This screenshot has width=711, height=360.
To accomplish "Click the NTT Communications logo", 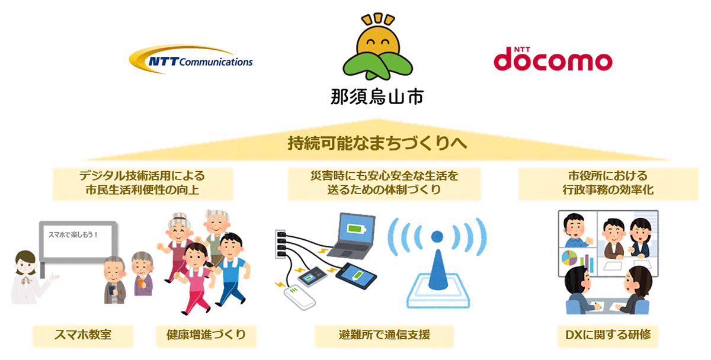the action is (x=190, y=60).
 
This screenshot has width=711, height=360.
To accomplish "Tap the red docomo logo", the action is (x=553, y=59).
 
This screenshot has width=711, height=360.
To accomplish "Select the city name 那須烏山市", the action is (x=377, y=97).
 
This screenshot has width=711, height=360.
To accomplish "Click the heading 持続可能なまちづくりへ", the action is (x=377, y=143).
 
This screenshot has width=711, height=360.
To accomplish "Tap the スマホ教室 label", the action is (x=83, y=335).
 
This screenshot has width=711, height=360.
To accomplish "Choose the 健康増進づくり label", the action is (x=206, y=335).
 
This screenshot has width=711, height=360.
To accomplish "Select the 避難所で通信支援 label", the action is (x=384, y=335).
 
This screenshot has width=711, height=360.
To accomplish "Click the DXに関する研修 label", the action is (x=608, y=335).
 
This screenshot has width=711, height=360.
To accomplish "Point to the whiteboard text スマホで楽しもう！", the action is (x=73, y=234).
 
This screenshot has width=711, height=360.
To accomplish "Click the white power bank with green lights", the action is (x=299, y=298).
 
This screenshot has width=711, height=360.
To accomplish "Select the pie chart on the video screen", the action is (x=569, y=258).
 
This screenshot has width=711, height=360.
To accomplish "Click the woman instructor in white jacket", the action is (x=30, y=278).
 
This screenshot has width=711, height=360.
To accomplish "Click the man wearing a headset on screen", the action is (x=575, y=230).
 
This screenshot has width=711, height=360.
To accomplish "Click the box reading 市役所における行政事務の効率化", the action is (x=608, y=184).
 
